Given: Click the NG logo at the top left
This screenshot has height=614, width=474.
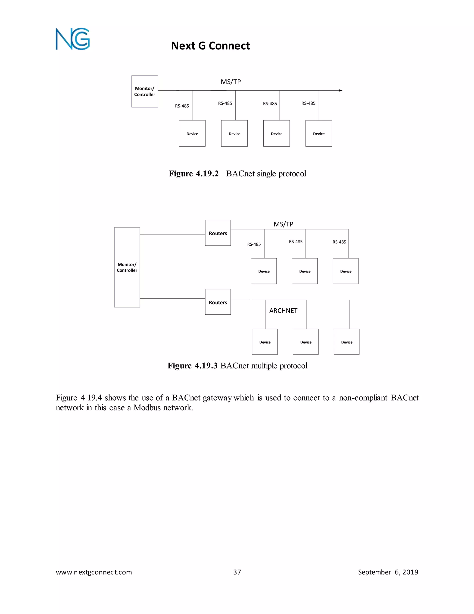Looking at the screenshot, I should [72, 39].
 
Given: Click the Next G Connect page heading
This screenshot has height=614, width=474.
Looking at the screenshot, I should [210, 46].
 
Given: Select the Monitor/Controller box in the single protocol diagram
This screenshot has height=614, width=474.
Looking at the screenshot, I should [145, 91].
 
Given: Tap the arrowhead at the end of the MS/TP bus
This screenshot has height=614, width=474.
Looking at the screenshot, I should [340, 91].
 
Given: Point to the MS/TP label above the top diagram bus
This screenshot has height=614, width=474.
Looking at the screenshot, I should [231, 82].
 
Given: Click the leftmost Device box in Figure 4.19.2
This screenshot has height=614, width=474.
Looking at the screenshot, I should [192, 133].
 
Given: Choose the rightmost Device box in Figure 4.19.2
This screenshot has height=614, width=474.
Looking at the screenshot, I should [319, 133].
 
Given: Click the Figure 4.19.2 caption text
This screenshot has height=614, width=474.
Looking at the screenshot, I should [237, 174].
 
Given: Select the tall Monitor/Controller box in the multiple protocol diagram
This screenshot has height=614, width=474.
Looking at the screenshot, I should [127, 267].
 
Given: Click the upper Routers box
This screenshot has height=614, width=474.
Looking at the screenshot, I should [218, 233].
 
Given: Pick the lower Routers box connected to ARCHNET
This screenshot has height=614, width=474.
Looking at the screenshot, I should [218, 302].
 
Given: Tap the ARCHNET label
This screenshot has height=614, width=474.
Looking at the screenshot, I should [283, 311].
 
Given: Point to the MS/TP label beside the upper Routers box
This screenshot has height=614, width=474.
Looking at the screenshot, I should [283, 224].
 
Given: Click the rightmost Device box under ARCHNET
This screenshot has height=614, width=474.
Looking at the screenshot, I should [346, 342].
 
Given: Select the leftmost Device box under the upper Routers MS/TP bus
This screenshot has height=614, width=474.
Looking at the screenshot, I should [264, 271].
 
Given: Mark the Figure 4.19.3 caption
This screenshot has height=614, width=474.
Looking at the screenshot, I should [237, 366].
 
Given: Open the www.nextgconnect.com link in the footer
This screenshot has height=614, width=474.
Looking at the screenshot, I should [94, 572].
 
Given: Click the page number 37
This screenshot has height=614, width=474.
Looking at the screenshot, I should [237, 572].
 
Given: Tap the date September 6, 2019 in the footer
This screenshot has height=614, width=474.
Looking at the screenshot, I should [388, 572].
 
